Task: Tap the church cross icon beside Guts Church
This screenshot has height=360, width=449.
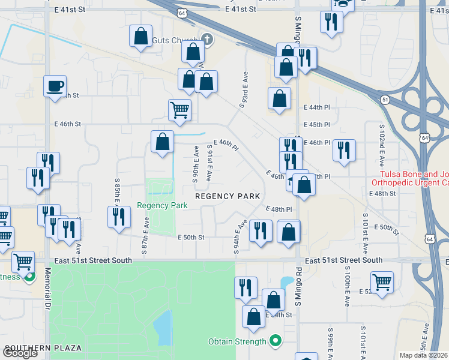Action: (x=207, y=40)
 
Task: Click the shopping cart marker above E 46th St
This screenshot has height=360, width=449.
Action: (x=179, y=110)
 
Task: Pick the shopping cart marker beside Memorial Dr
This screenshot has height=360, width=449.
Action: (x=23, y=261)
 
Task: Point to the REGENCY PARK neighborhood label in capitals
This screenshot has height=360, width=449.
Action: (x=228, y=196)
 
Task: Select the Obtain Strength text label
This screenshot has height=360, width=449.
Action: (x=237, y=342)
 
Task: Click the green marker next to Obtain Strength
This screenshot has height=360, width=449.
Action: (x=276, y=342)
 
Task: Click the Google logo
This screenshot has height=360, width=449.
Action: (x=20, y=353)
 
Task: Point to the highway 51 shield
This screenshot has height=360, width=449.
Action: (x=385, y=100)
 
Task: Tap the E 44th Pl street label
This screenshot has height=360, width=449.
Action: (x=318, y=107)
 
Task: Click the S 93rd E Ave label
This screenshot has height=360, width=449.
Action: (x=243, y=89)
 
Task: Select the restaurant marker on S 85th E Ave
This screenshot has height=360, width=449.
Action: (x=119, y=217)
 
